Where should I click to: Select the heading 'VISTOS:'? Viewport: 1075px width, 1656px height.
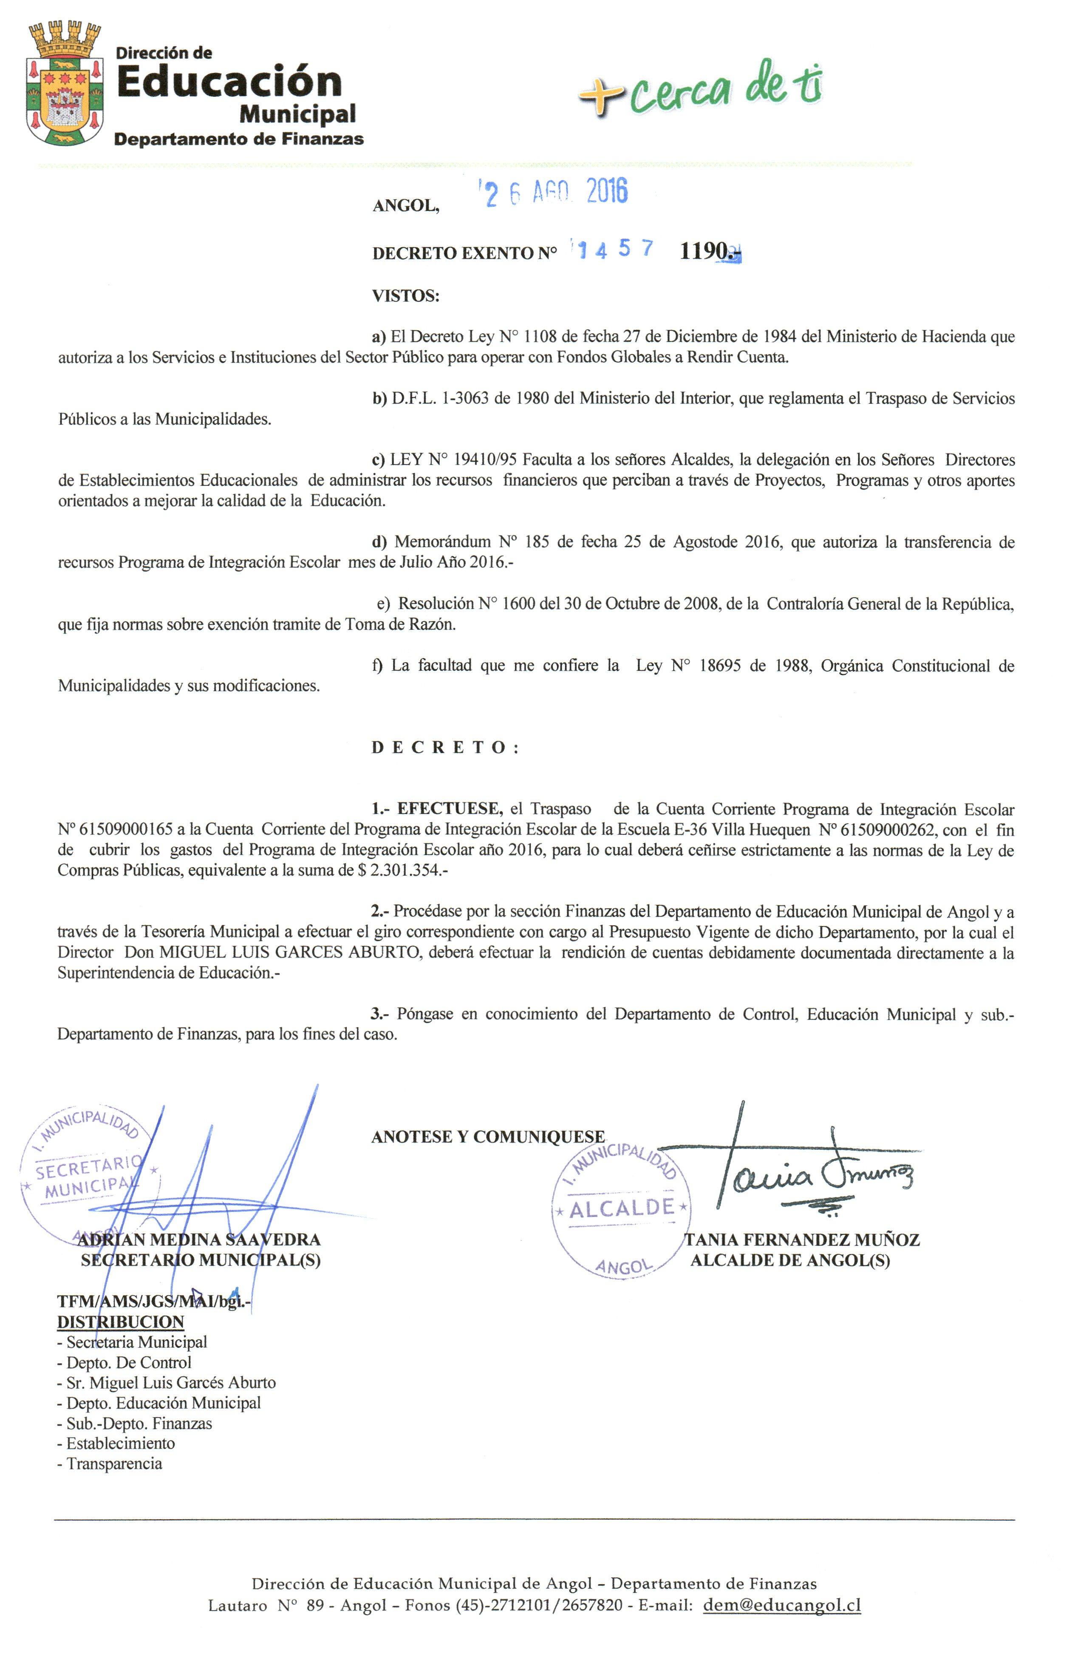(405, 296)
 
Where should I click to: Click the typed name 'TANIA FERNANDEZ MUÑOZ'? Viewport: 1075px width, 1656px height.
(802, 1240)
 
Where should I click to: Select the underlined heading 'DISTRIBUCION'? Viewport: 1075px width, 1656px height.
(120, 1322)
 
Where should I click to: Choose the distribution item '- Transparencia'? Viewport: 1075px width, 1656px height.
(110, 1464)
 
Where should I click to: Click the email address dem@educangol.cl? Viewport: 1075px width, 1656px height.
(781, 1605)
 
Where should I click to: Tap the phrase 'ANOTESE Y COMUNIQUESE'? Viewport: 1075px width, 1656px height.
(488, 1137)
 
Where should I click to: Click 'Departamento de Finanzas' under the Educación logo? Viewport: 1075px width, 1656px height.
(238, 139)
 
